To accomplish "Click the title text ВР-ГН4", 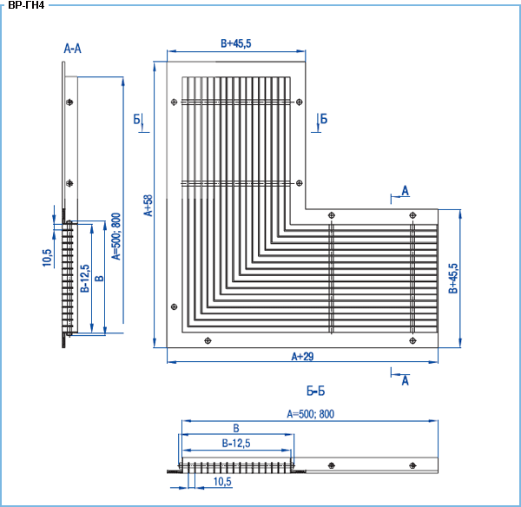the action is (26, 5).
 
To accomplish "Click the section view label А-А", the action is (72, 49).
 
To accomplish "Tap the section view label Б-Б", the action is (315, 391).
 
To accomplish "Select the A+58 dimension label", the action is (148, 206).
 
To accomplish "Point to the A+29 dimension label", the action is (302, 357).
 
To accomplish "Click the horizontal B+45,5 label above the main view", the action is (236, 43).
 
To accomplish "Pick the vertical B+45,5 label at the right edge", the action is (453, 279).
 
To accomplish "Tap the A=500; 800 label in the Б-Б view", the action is (310, 414).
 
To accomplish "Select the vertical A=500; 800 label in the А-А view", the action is (116, 236).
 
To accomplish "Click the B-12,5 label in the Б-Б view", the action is (236, 444).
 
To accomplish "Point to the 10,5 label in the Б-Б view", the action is (222, 482).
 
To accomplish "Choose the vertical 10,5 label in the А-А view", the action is (47, 258).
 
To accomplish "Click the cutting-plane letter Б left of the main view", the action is (137, 119).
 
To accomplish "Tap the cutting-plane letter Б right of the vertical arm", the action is (324, 119).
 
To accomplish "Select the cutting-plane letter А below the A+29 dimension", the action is (405, 380).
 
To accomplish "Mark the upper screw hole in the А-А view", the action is (69, 102).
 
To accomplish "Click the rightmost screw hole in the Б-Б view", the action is (412, 465).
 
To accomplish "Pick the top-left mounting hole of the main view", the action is (174, 102).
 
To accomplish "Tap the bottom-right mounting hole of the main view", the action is (412, 340).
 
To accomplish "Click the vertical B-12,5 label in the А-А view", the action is (85, 279).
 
